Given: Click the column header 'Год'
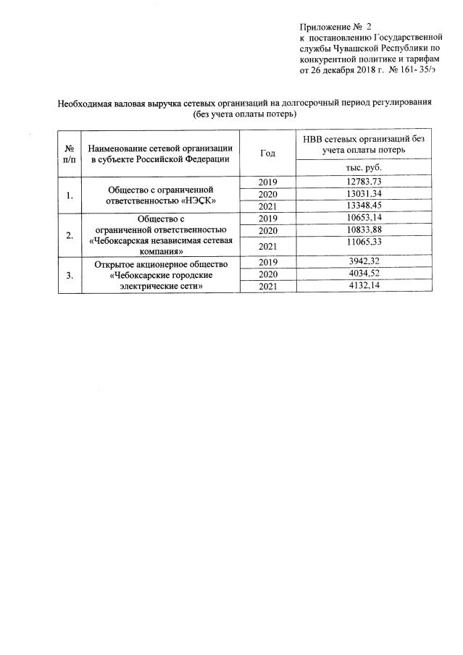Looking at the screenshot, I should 267,153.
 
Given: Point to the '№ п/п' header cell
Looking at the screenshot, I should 69,153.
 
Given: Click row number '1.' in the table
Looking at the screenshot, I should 69,195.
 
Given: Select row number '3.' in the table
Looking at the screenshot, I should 69,274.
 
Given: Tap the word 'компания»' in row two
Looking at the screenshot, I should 161,250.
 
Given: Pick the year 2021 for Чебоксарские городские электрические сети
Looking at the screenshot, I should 267,287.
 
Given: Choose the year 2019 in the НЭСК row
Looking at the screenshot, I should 267,182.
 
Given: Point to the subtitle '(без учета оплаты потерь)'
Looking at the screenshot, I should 245,114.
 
